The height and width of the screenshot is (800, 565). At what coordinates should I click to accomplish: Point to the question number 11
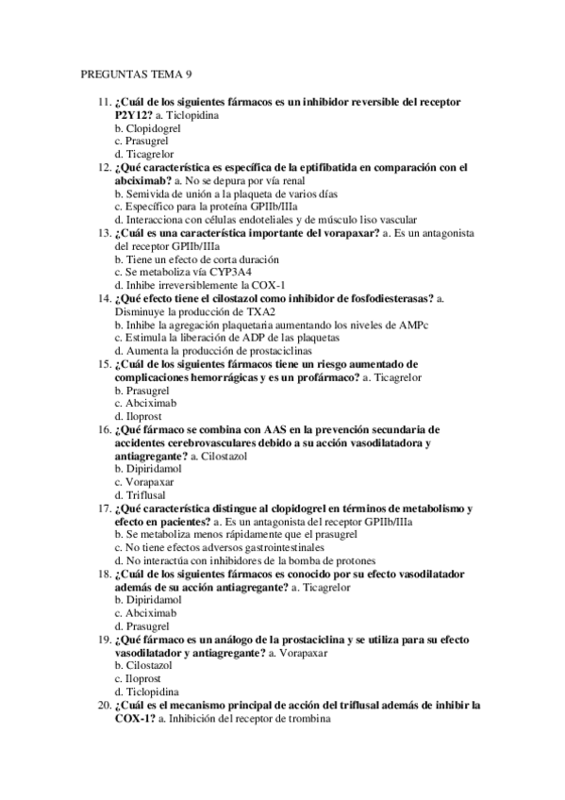click(103, 101)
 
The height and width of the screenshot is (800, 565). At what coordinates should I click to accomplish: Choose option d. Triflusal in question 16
click(141, 493)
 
